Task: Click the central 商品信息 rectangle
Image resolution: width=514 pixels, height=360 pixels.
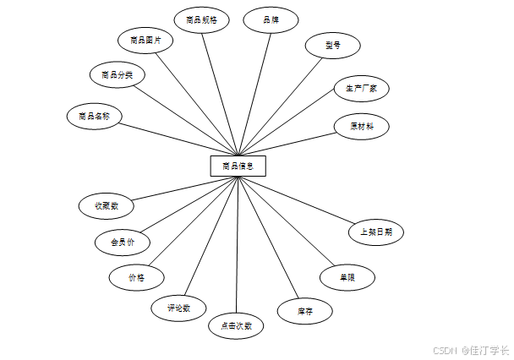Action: point(238,166)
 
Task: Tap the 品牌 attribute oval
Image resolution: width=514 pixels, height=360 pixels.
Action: point(271,19)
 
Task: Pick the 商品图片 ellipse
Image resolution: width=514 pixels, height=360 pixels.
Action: point(146,39)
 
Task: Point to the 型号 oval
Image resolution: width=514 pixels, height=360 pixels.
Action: point(333,46)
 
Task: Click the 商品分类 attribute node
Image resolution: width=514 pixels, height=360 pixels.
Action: point(117,74)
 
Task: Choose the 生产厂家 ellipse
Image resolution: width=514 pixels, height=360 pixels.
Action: point(361,88)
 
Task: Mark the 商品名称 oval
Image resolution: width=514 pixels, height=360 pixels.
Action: point(95,116)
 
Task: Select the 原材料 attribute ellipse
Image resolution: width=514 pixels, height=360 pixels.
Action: point(362,126)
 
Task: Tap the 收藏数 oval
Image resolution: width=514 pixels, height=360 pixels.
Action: point(107,205)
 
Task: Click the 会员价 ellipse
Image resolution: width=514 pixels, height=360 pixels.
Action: point(123,242)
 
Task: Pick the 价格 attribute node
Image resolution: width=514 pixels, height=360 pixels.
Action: point(136,276)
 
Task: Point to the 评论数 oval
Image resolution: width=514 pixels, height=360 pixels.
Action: point(178,308)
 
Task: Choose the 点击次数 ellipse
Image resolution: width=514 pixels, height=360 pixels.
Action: point(236,325)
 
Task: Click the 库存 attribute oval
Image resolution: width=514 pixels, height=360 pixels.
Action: point(305,312)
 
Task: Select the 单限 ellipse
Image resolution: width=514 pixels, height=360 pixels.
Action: point(347,276)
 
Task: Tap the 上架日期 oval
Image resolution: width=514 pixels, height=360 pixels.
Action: point(376,232)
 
